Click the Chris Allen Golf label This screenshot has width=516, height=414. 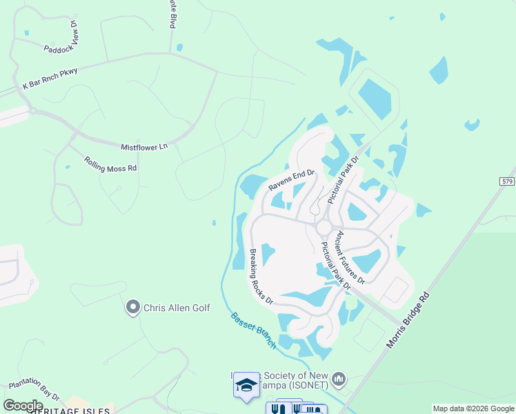[176, 308]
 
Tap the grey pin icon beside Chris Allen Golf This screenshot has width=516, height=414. [132, 307]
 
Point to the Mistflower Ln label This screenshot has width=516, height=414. [144, 147]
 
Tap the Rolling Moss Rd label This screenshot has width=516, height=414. [110, 164]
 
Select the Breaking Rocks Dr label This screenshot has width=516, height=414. [261, 277]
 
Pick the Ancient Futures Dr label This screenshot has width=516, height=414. [350, 257]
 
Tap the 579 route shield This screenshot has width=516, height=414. [507, 181]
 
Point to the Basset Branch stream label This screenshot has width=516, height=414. [253, 331]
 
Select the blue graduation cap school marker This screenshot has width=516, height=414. [246, 385]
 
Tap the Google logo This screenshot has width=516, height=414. [23, 406]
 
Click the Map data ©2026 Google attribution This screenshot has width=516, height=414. [473, 408]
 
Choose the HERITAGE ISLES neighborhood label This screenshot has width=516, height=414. [68, 411]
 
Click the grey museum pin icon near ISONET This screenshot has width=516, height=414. [338, 379]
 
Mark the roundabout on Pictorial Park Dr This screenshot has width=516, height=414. [324, 227]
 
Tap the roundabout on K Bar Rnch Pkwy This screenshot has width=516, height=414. [32, 109]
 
